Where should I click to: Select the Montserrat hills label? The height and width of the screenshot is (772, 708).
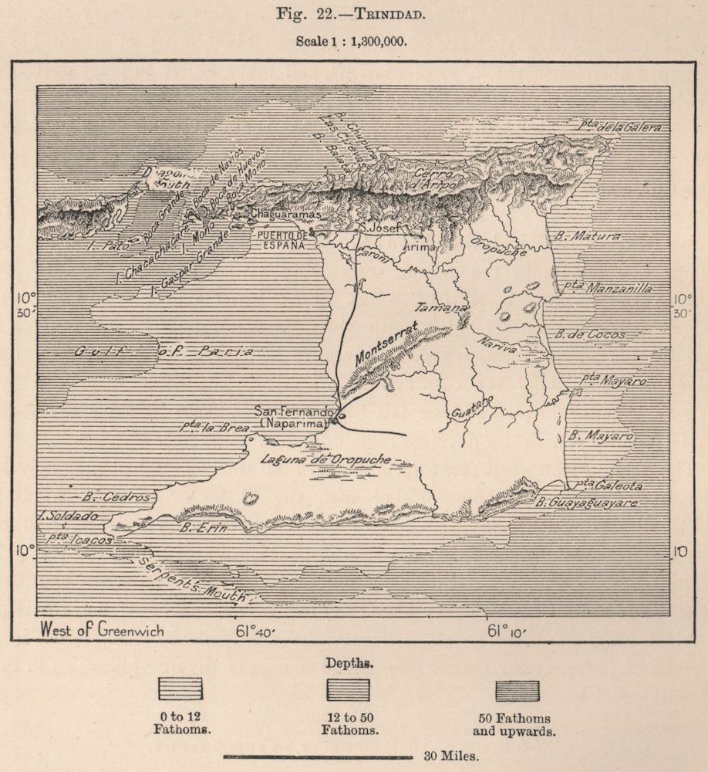(x=387, y=344)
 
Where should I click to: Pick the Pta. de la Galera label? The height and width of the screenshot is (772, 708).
(x=622, y=127)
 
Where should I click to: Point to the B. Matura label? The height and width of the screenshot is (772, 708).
(x=588, y=236)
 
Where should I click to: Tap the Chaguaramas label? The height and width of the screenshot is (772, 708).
(x=284, y=215)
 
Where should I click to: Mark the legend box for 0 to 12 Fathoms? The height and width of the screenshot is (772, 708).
(x=180, y=689)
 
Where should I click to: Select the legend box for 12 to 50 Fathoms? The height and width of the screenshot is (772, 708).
(x=348, y=689)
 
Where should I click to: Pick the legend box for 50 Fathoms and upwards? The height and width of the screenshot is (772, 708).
(x=517, y=689)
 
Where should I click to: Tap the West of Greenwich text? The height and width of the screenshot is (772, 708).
(x=102, y=630)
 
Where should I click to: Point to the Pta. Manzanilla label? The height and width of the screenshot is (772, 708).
(x=617, y=288)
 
